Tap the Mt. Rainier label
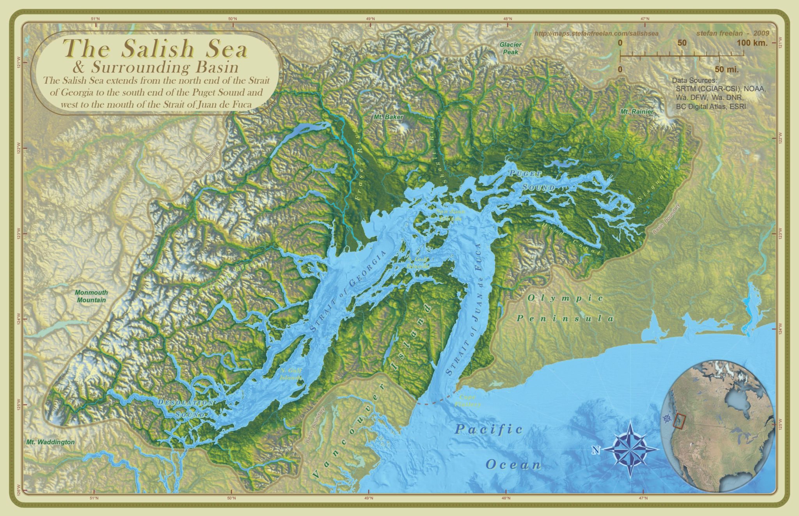tap(637, 112)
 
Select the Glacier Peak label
tap(510, 48)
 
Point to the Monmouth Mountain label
tap(91, 296)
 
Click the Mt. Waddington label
tap(50, 442)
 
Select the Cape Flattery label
tap(467, 401)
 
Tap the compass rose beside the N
tap(630, 449)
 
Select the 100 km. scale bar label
tap(752, 43)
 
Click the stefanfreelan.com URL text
tap(596, 34)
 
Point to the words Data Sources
tap(692, 80)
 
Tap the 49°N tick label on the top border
tap(370, 18)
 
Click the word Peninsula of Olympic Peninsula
tap(565, 319)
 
